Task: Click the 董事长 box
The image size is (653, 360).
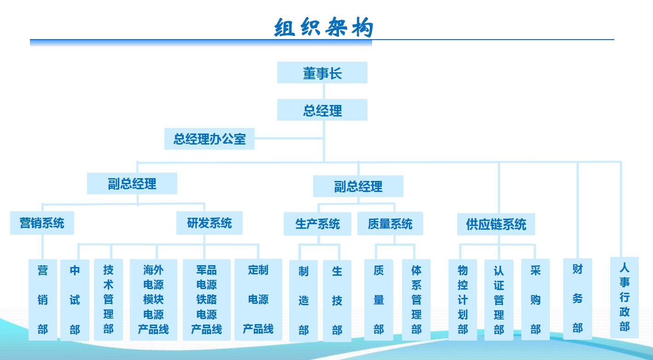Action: point(322,73)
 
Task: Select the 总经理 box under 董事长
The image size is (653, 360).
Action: point(322,110)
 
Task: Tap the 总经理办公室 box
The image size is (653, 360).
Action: point(210,139)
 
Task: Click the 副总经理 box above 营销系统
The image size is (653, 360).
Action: point(132,183)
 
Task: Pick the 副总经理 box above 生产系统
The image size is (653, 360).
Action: point(358,186)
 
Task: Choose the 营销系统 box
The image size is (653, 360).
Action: point(42,223)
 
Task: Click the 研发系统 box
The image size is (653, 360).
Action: point(210,223)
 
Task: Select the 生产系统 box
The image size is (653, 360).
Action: point(317,224)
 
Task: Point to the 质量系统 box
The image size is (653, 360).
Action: point(390,224)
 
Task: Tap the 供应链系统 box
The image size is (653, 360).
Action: point(496,224)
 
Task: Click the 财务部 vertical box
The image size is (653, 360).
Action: point(577,299)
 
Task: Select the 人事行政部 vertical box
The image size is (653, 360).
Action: point(624,297)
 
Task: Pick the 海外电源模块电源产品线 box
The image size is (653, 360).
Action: point(153,300)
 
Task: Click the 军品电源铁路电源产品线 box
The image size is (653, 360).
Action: point(206,300)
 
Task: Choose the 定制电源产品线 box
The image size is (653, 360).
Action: point(258,300)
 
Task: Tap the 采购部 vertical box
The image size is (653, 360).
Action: point(535,299)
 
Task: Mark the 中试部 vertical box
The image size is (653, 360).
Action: point(75,300)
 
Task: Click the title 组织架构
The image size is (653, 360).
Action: point(324,27)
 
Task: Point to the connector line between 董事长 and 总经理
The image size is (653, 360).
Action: point(324,91)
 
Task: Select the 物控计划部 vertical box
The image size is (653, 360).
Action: point(463,300)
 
